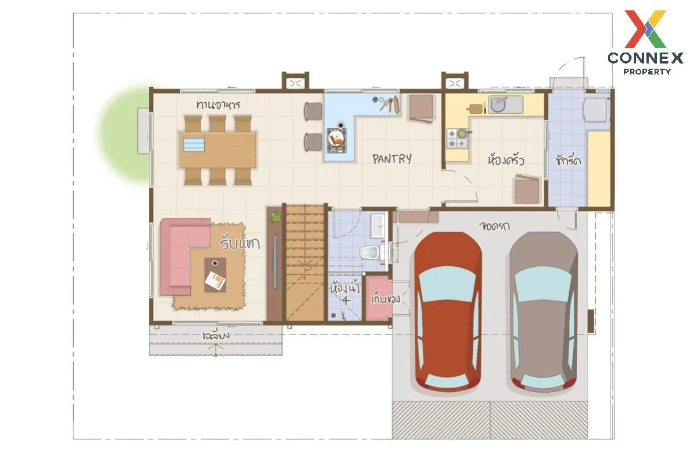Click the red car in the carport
447,312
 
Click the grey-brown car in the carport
543,312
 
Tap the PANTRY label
392,159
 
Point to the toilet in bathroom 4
370,252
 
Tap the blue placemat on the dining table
194,144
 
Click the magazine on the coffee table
215,280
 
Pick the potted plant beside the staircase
274,218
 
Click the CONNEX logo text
645,58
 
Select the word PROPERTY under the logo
646,72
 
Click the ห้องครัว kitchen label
506,161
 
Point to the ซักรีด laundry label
568,161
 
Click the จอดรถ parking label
494,226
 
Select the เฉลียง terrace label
216,335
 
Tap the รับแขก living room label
239,244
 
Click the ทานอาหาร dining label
218,105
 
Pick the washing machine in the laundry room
595,110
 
